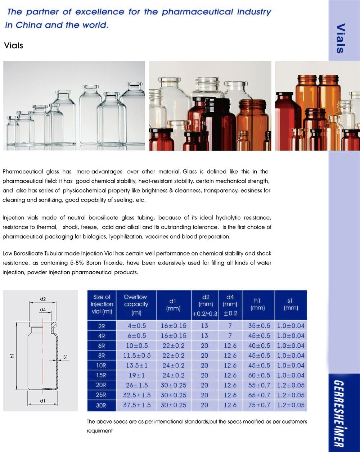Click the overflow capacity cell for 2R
click(137, 326)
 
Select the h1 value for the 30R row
click(259, 405)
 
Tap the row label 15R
click(101, 375)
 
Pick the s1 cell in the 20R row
click(291, 385)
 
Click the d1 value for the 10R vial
click(174, 366)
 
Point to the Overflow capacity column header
click(136, 305)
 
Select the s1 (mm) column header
click(291, 304)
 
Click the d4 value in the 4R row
click(230, 336)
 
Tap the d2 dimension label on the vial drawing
click(43, 299)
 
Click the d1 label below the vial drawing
click(43, 401)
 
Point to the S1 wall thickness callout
click(66, 357)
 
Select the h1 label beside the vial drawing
click(12, 356)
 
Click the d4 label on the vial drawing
click(43, 309)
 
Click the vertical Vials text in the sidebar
click(340, 39)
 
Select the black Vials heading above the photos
click(13, 46)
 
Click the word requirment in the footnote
click(100, 431)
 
